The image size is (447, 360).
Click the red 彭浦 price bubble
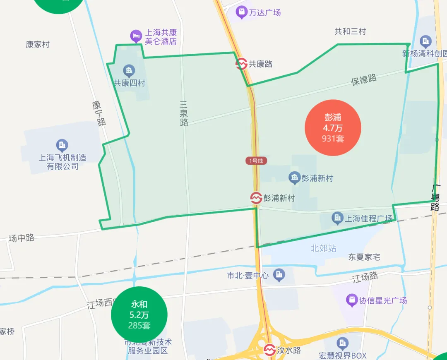pyautogui.click(x=333, y=128)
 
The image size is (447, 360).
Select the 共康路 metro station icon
pyautogui.click(x=242, y=64)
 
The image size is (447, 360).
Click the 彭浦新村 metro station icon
pyautogui.click(x=256, y=198)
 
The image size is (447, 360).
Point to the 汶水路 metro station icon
pyautogui.click(x=269, y=350)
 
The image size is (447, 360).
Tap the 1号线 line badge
pyautogui.click(x=256, y=161)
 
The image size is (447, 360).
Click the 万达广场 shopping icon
pyautogui.click(x=241, y=12)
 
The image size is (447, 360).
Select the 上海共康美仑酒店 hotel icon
pyautogui.click(x=136, y=36)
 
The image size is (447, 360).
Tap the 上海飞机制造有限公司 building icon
pyautogui.click(x=62, y=145)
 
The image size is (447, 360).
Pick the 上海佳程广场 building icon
pyautogui.click(x=338, y=218)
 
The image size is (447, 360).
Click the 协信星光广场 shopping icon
pyautogui.click(x=352, y=300)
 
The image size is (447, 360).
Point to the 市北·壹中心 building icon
pyautogui.click(x=279, y=274)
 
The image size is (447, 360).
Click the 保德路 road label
pyautogui.click(x=364, y=79)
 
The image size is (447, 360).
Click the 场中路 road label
pyautogui.click(x=22, y=238)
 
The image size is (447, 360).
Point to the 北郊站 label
pyautogui.click(x=324, y=248)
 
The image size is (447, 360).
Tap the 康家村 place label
pyautogui.click(x=38, y=44)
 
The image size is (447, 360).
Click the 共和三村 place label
pyautogui.click(x=350, y=31)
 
